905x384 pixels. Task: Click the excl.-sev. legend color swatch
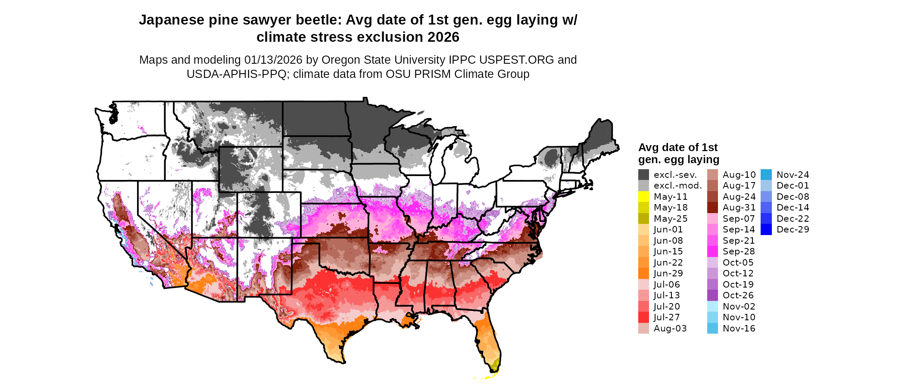tap(643, 175)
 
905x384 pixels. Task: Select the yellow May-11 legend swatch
tap(643, 197)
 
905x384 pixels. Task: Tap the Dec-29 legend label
tap(793, 229)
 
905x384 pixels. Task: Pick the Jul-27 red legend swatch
tap(643, 317)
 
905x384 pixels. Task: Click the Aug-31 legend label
tap(739, 207)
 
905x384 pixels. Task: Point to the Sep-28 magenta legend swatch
tap(712, 251)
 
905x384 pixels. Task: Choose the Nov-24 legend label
tap(793, 175)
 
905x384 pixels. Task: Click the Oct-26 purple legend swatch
tap(712, 295)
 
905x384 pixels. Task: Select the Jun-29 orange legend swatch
tap(643, 273)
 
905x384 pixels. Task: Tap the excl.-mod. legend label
tap(677, 186)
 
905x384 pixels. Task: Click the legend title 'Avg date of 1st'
tap(677, 148)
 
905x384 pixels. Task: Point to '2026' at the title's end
tap(443, 37)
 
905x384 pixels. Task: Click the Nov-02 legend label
tap(739, 307)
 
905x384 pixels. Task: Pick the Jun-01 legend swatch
tap(643, 229)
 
